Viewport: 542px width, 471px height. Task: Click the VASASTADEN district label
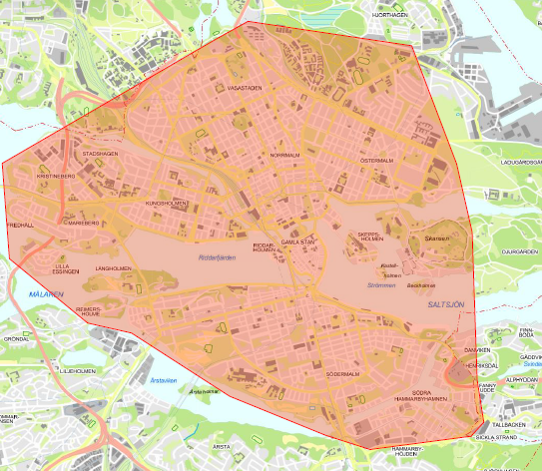(x=245, y=88)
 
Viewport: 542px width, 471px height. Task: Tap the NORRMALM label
(x=284, y=156)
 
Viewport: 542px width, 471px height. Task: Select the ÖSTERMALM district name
(x=378, y=160)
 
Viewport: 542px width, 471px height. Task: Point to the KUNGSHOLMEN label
(x=167, y=203)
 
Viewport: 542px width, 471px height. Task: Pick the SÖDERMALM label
(x=342, y=374)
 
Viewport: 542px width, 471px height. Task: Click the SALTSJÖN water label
(x=446, y=302)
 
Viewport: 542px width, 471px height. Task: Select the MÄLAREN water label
(x=46, y=294)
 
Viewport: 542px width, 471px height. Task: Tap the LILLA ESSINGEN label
(x=62, y=270)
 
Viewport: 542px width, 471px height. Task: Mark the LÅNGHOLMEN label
(x=113, y=268)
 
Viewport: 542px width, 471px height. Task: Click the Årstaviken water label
(x=163, y=379)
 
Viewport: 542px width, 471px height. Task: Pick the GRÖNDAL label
(x=16, y=338)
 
